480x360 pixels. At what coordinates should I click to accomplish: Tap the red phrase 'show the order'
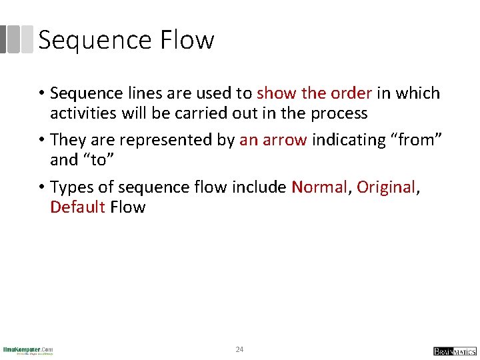click(315, 93)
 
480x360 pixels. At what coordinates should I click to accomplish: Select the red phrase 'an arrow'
click(273, 140)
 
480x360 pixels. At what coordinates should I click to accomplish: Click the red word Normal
click(319, 187)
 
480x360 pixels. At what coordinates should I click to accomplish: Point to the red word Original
click(386, 187)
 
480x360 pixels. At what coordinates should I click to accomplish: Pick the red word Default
click(77, 207)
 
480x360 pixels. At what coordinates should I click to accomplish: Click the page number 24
click(240, 349)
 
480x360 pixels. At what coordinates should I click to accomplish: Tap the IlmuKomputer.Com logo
click(28, 350)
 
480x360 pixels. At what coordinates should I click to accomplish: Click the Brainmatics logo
click(455, 351)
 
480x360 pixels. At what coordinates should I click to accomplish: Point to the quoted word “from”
click(416, 140)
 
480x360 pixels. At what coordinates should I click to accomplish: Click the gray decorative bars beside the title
click(17, 40)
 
